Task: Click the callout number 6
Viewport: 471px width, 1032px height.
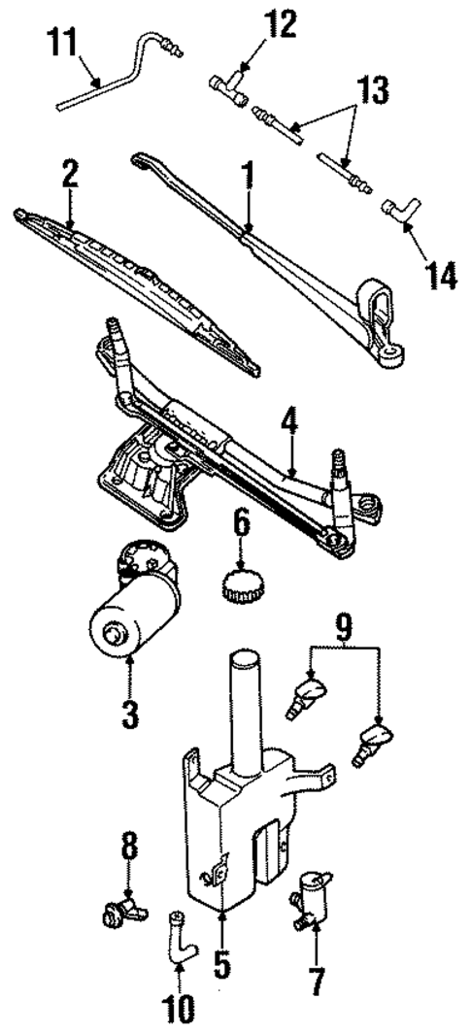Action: pos(240,531)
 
